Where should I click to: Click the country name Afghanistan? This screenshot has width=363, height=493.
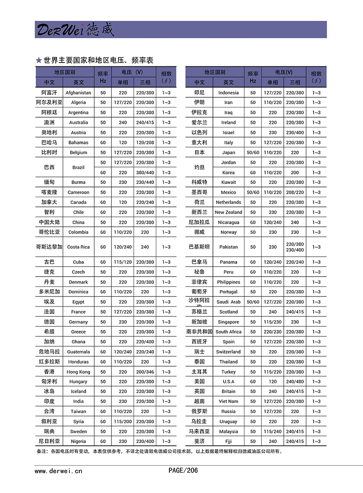pos(78,92)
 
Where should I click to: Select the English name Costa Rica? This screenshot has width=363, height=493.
pos(78,247)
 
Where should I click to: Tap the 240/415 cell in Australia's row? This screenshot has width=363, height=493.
pos(145,123)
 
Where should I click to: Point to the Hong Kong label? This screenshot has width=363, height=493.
pos(78,372)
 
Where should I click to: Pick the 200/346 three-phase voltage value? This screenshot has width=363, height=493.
pos(145,372)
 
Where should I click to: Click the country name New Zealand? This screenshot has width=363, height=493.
pos(228,212)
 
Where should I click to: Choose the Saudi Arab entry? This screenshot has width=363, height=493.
pos(228,302)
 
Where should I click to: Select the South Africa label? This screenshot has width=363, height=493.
pos(228,332)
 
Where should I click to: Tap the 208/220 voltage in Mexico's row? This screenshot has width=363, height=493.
pos(295,192)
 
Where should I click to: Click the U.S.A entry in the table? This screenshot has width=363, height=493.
pos(228,382)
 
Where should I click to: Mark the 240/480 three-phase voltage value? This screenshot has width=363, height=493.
pos(295,382)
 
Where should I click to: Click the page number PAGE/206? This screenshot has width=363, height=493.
pos(183,470)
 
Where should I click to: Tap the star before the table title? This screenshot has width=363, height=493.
pos(39,61)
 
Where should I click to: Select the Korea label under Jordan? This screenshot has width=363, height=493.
pos(228,172)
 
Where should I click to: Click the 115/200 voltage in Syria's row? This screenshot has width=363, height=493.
pos(123,421)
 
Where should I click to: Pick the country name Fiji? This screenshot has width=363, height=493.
pos(228,441)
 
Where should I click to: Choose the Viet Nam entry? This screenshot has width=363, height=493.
pos(228,401)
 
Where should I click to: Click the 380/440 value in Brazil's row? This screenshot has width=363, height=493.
pos(145,172)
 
